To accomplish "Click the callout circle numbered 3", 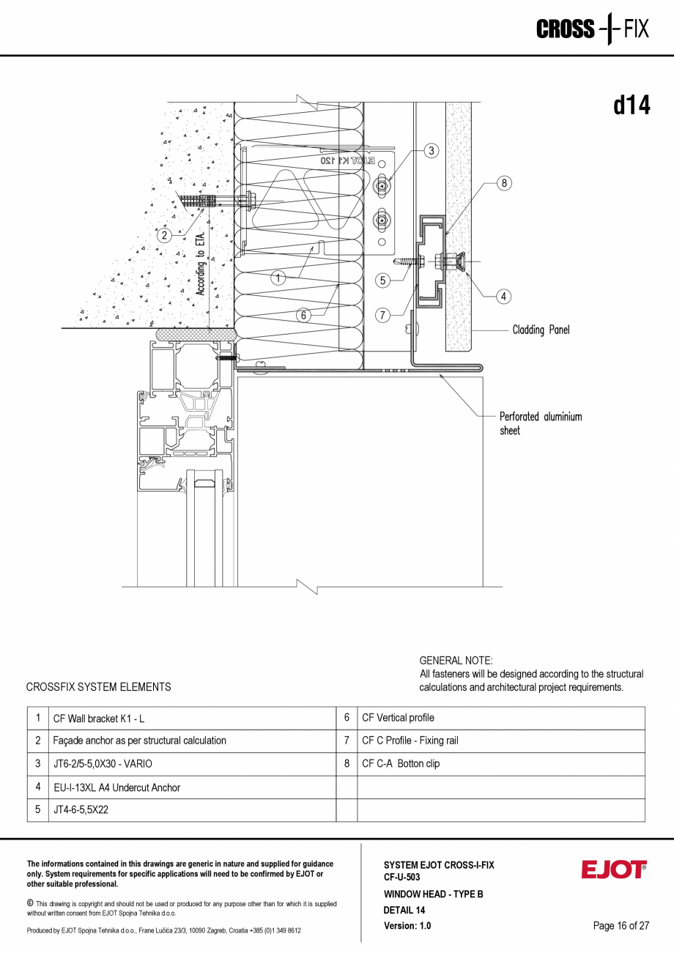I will pos(432,151).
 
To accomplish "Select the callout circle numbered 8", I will pos(504,183).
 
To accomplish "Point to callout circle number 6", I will pos(303,316).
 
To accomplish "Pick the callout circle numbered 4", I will pos(503,297).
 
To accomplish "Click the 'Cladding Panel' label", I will pos(541,330).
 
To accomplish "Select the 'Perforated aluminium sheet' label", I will pos(540,423).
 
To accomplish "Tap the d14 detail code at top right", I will pos(632,106).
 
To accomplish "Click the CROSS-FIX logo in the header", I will pos(592,29).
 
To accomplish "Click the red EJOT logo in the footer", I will pos(614,869).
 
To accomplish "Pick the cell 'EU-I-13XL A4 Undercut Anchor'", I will pos(116,787).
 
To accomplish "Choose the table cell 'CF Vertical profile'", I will pos(398,718).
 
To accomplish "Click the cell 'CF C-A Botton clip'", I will pos(401,764).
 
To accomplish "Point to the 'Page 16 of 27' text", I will pos(621,926).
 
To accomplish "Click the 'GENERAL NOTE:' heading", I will pos(456,661).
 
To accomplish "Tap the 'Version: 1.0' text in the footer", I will pos(407,926).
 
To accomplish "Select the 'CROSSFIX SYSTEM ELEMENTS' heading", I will pos(98,687).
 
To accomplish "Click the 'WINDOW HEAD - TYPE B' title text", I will pos(433,894).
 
